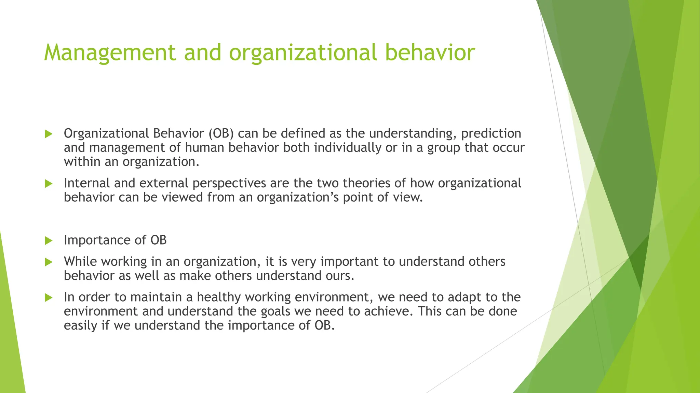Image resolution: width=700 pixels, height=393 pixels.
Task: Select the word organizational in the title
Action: tap(303, 53)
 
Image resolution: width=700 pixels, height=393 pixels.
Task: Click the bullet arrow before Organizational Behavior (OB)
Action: tap(49, 134)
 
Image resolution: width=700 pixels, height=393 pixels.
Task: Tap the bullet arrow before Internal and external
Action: tap(49, 184)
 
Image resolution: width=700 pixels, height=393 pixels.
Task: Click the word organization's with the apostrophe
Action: tap(298, 198)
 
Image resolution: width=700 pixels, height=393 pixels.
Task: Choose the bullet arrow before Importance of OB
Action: tap(49, 241)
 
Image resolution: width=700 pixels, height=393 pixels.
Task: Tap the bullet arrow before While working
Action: tap(49, 262)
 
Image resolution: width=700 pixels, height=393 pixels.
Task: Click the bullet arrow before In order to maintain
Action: tap(49, 298)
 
